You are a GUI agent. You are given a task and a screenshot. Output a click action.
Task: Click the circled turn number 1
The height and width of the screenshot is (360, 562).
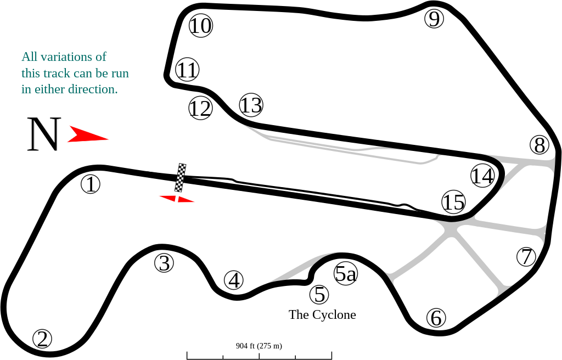click(x=91, y=184)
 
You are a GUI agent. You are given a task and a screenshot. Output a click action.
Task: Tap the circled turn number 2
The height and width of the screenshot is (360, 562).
click(x=42, y=339)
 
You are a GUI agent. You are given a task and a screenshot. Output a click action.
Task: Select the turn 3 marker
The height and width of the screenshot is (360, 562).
click(x=164, y=263)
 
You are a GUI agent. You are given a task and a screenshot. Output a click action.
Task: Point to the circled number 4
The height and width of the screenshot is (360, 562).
click(x=234, y=280)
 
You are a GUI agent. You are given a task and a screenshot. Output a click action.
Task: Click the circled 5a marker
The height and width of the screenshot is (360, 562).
click(x=346, y=274)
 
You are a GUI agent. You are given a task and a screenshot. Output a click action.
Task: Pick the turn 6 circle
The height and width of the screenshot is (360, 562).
click(x=436, y=318)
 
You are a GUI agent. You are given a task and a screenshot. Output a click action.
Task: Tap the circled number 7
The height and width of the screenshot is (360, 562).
click(x=526, y=257)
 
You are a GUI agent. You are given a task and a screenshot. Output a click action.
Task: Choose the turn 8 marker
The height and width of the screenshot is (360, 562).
click(x=539, y=145)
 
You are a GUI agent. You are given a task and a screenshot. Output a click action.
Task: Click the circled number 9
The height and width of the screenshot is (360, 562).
click(x=434, y=19)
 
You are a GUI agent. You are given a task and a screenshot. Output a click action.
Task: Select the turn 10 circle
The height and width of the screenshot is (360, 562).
click(x=201, y=25)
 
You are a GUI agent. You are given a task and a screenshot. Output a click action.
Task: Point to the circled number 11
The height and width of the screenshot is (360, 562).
click(x=188, y=70)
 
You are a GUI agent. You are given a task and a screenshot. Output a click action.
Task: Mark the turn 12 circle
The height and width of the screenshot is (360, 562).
click(x=200, y=108)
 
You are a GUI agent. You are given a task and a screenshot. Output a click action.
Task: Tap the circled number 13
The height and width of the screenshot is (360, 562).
click(x=251, y=105)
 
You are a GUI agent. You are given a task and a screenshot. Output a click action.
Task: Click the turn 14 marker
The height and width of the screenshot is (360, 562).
click(x=482, y=176)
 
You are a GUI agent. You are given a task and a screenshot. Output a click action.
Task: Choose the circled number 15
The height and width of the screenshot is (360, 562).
click(x=453, y=202)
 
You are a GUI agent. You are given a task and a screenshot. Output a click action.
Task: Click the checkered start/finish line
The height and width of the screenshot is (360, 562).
click(x=181, y=177)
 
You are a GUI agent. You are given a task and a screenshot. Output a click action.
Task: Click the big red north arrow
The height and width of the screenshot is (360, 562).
click(x=88, y=134)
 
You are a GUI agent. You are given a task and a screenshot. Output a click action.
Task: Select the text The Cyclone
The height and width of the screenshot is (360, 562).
click(x=322, y=314)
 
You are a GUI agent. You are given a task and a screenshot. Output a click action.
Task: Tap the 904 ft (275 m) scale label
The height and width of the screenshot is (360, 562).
click(x=259, y=346)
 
